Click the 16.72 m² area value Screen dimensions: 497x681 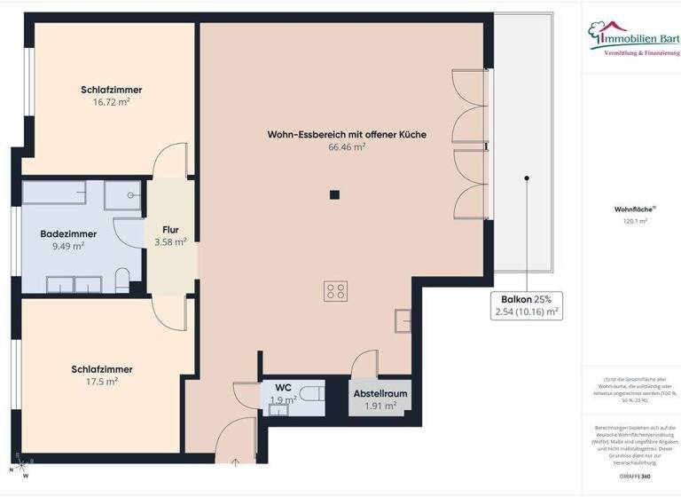tap(112, 103)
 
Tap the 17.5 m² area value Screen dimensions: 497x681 tap(107, 381)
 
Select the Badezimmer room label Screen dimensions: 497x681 tap(68, 234)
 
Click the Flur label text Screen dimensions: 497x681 tap(170, 229)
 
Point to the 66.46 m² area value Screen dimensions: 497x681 tap(347, 148)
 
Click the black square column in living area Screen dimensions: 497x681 tap(334, 195)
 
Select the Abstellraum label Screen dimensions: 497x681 tap(380, 392)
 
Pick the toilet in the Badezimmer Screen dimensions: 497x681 tap(123, 280)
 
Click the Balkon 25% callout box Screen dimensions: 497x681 tap(527, 305)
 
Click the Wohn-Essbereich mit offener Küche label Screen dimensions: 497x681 tap(347, 135)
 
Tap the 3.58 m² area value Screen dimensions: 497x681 tap(170, 241)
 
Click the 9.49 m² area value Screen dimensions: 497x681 tap(68, 248)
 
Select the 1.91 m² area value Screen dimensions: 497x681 tap(380, 406)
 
